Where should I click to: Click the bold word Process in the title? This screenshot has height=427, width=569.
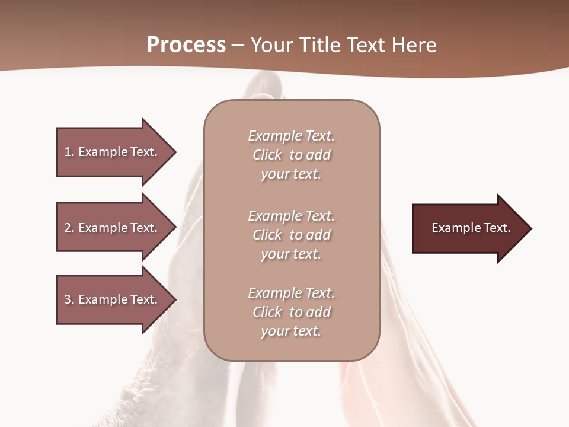[186, 45]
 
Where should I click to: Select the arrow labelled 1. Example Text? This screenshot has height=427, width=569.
[113, 152]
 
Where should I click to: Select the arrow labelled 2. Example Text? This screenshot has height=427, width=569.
[113, 228]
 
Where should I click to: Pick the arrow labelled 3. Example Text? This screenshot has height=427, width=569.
[113, 299]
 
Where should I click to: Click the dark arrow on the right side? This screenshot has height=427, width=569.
[468, 228]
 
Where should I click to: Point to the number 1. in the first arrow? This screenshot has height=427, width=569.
[69, 152]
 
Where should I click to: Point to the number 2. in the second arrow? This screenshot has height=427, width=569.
[69, 228]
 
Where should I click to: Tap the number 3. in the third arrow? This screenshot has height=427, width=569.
[69, 299]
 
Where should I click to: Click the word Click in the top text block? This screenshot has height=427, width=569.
[267, 155]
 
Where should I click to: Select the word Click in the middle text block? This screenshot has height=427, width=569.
[267, 235]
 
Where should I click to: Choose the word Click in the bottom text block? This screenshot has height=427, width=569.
[267, 312]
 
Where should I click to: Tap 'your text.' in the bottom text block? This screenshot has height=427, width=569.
[291, 331]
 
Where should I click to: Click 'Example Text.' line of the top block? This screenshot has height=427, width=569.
[291, 136]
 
